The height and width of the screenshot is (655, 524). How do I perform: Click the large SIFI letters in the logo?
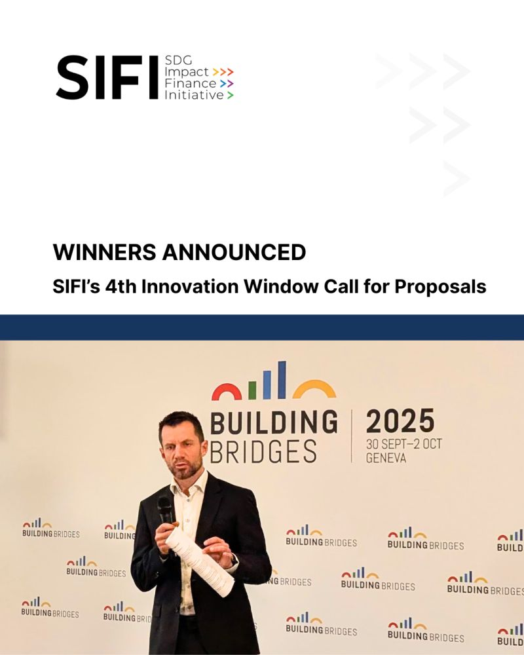107,77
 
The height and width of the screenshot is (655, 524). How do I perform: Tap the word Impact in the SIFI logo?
187,72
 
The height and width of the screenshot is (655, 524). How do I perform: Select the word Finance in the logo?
190,83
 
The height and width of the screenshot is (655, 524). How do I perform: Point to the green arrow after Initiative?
230,95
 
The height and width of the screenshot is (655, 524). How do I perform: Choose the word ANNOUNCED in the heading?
234,252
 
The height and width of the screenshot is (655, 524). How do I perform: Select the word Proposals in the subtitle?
440,288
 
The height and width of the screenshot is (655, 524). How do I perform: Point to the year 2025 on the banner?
400,421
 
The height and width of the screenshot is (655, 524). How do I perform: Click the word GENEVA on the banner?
386,458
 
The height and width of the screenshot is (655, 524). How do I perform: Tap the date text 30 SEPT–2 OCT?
403,444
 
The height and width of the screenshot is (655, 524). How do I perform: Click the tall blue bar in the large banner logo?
282,380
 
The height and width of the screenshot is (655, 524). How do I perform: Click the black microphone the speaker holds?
165,510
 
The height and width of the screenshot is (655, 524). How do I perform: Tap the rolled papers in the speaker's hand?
200,562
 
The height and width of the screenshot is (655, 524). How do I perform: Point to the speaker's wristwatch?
233,561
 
